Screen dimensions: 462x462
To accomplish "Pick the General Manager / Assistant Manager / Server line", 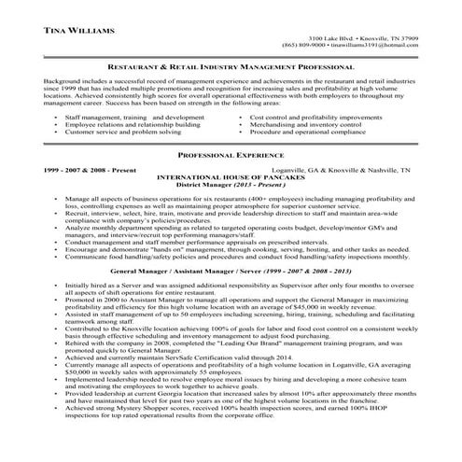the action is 229,269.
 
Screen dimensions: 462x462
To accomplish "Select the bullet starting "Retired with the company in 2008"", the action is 233,343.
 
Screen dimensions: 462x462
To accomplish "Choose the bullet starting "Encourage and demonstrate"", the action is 233,251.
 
